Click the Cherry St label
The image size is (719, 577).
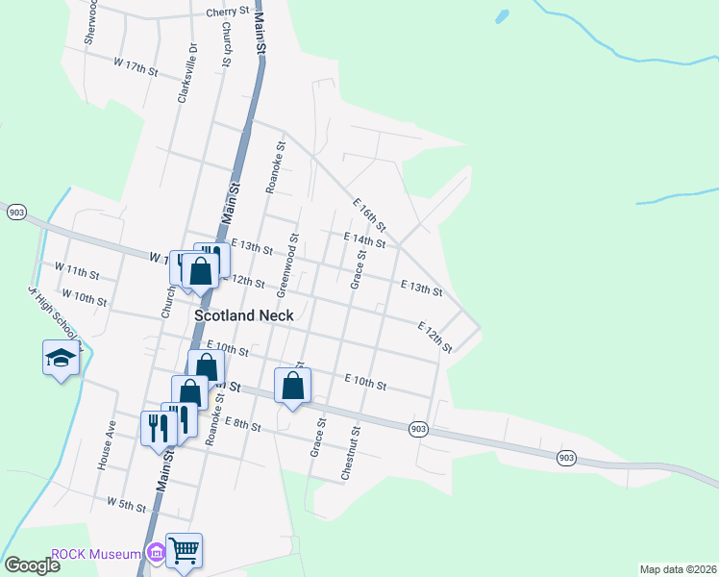pos(227,12)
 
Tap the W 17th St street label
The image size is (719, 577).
pos(135,66)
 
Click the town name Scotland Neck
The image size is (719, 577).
pos(239,314)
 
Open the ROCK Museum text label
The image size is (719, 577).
pos(96,553)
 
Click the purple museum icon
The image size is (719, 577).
pos(155,553)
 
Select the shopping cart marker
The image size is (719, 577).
pos(185,551)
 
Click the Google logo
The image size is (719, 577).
pos(31,565)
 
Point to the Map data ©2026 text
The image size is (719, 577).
pos(678,569)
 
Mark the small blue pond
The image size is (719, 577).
pos(500,17)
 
